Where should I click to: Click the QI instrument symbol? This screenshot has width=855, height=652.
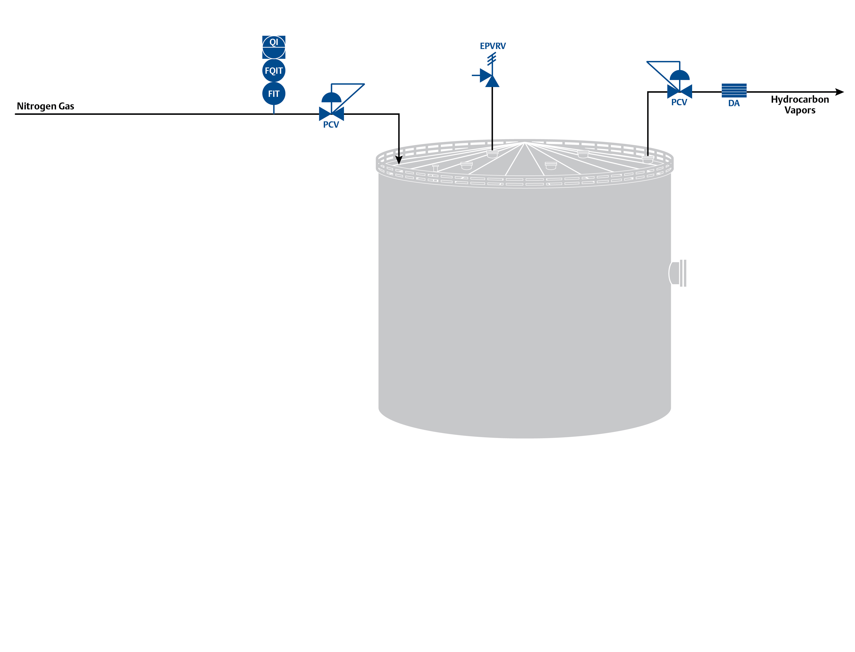click(x=274, y=47)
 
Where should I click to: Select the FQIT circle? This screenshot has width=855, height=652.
click(x=274, y=71)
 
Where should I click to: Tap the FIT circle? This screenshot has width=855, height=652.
click(x=274, y=94)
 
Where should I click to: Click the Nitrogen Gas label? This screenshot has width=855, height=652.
click(x=46, y=106)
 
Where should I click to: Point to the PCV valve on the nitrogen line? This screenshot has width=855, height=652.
click(x=331, y=114)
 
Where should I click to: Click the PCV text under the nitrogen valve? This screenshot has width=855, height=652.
click(x=331, y=125)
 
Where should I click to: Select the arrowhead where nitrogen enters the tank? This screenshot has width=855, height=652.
click(x=399, y=160)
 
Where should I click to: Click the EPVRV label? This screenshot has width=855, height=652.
click(x=493, y=46)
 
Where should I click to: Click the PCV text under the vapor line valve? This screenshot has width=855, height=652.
click(x=679, y=102)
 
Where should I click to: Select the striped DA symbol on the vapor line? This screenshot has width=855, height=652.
click(x=734, y=91)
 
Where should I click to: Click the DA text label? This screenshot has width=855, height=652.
click(x=734, y=103)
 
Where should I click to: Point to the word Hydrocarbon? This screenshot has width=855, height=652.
click(x=800, y=99)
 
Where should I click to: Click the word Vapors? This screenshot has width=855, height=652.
click(x=800, y=110)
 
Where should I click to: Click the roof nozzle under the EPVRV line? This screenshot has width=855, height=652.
click(x=492, y=154)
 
